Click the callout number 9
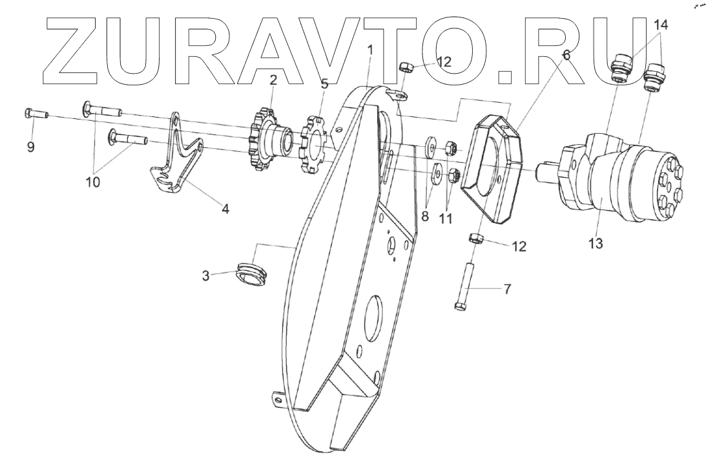point(30,147)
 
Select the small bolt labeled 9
point(36,114)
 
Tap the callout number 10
point(93,182)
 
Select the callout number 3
point(205,276)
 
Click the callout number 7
point(507,289)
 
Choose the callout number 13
point(595,244)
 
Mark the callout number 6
point(566,55)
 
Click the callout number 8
point(425,217)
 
